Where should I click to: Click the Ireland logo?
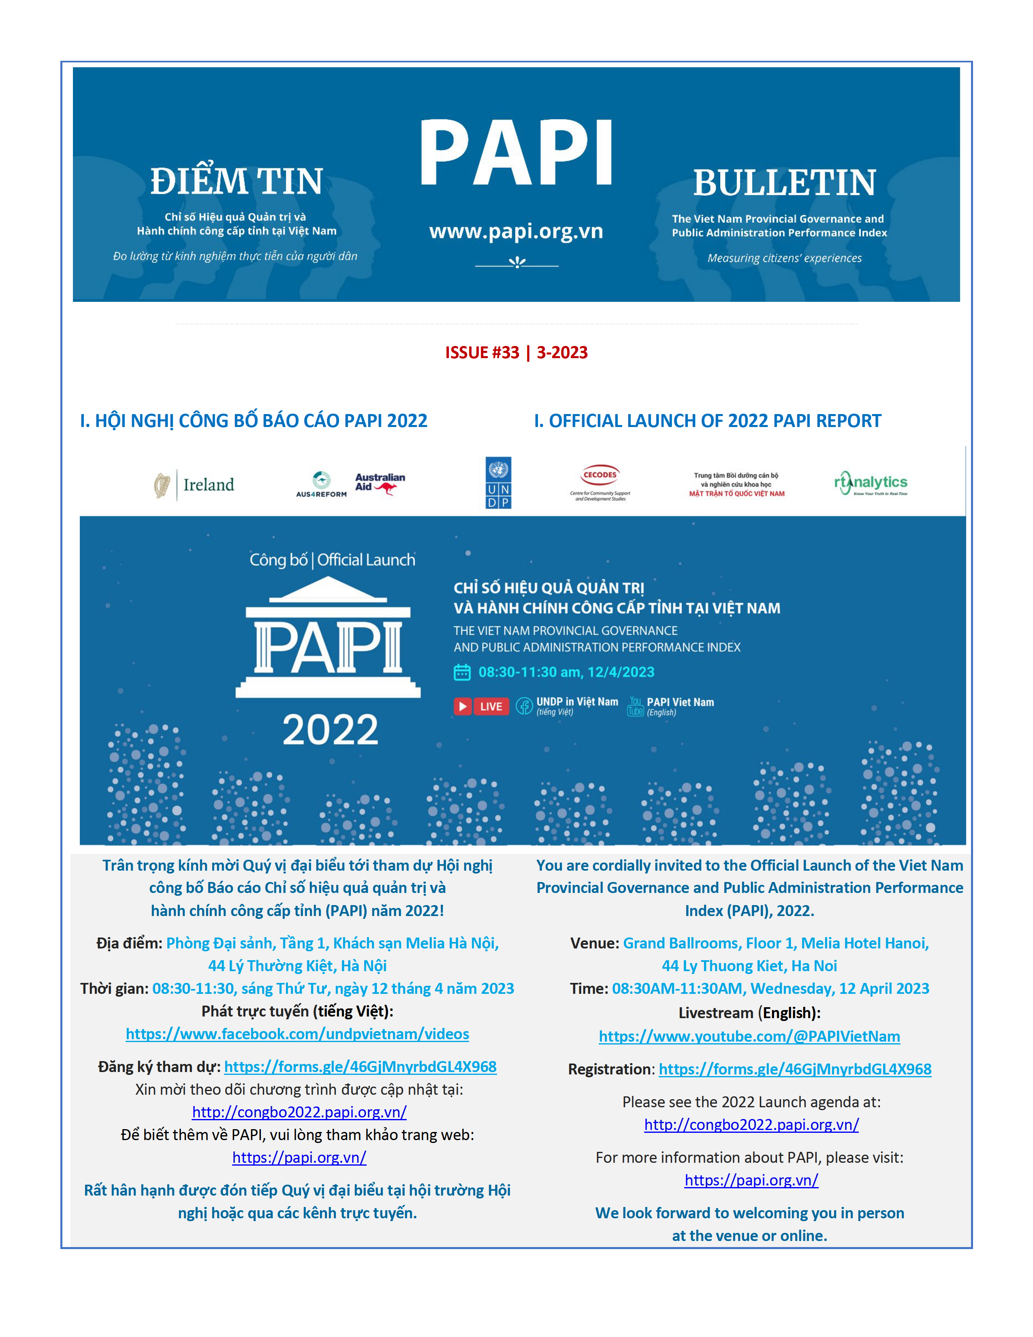[194, 485]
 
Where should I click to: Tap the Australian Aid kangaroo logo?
[380, 483]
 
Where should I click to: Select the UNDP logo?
[498, 483]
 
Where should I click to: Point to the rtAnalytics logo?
[871, 483]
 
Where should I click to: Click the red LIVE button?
[482, 707]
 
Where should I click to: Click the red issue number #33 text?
[482, 352]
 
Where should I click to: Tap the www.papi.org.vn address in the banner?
[516, 231]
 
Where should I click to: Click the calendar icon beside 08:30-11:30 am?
[462, 672]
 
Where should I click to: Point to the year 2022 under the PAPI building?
[331, 730]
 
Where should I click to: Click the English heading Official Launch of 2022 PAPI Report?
[707, 421]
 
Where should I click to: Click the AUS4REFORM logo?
[321, 484]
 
